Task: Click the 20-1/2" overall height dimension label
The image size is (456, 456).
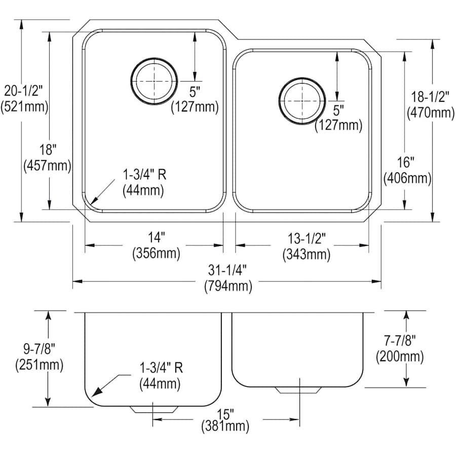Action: (25, 99)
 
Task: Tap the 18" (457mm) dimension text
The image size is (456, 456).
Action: (47, 158)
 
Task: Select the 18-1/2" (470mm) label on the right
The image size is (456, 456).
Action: (431, 105)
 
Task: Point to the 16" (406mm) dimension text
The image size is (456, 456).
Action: (407, 170)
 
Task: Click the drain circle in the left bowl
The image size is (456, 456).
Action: (154, 82)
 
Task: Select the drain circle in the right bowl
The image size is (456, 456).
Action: (302, 100)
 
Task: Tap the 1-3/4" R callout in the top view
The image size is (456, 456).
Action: (144, 182)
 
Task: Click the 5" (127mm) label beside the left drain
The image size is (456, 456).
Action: (195, 99)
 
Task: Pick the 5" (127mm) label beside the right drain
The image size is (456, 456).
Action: (338, 117)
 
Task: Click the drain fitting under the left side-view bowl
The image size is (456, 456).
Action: (154, 409)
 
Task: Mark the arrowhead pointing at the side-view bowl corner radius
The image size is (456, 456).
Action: (97, 392)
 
